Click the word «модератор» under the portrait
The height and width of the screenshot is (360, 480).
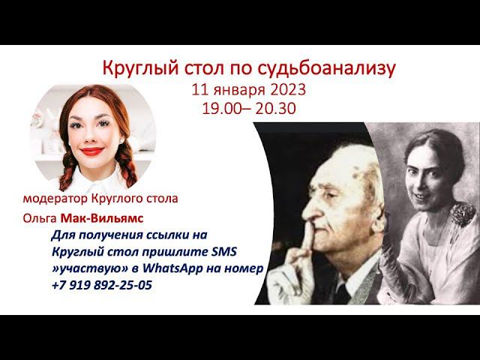point(58,199)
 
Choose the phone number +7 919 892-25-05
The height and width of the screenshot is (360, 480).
point(101,285)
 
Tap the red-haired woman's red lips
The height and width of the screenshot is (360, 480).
point(92,151)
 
